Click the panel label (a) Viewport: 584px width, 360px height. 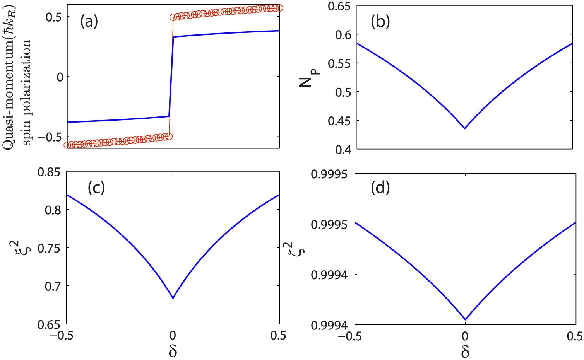pos(89,22)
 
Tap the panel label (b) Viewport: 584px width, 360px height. pos(380,22)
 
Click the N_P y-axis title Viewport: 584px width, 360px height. pos(308,76)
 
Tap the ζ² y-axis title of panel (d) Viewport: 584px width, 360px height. pos(299,248)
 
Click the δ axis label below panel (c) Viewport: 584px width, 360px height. pos(173,351)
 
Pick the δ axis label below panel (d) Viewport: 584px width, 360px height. pos(465,351)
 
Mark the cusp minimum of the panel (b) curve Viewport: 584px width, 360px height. pos(465,128)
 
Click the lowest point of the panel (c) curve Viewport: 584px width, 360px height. pos(173,298)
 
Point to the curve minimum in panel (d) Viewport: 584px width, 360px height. pos(465,320)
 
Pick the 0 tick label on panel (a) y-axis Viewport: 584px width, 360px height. pos(60,77)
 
